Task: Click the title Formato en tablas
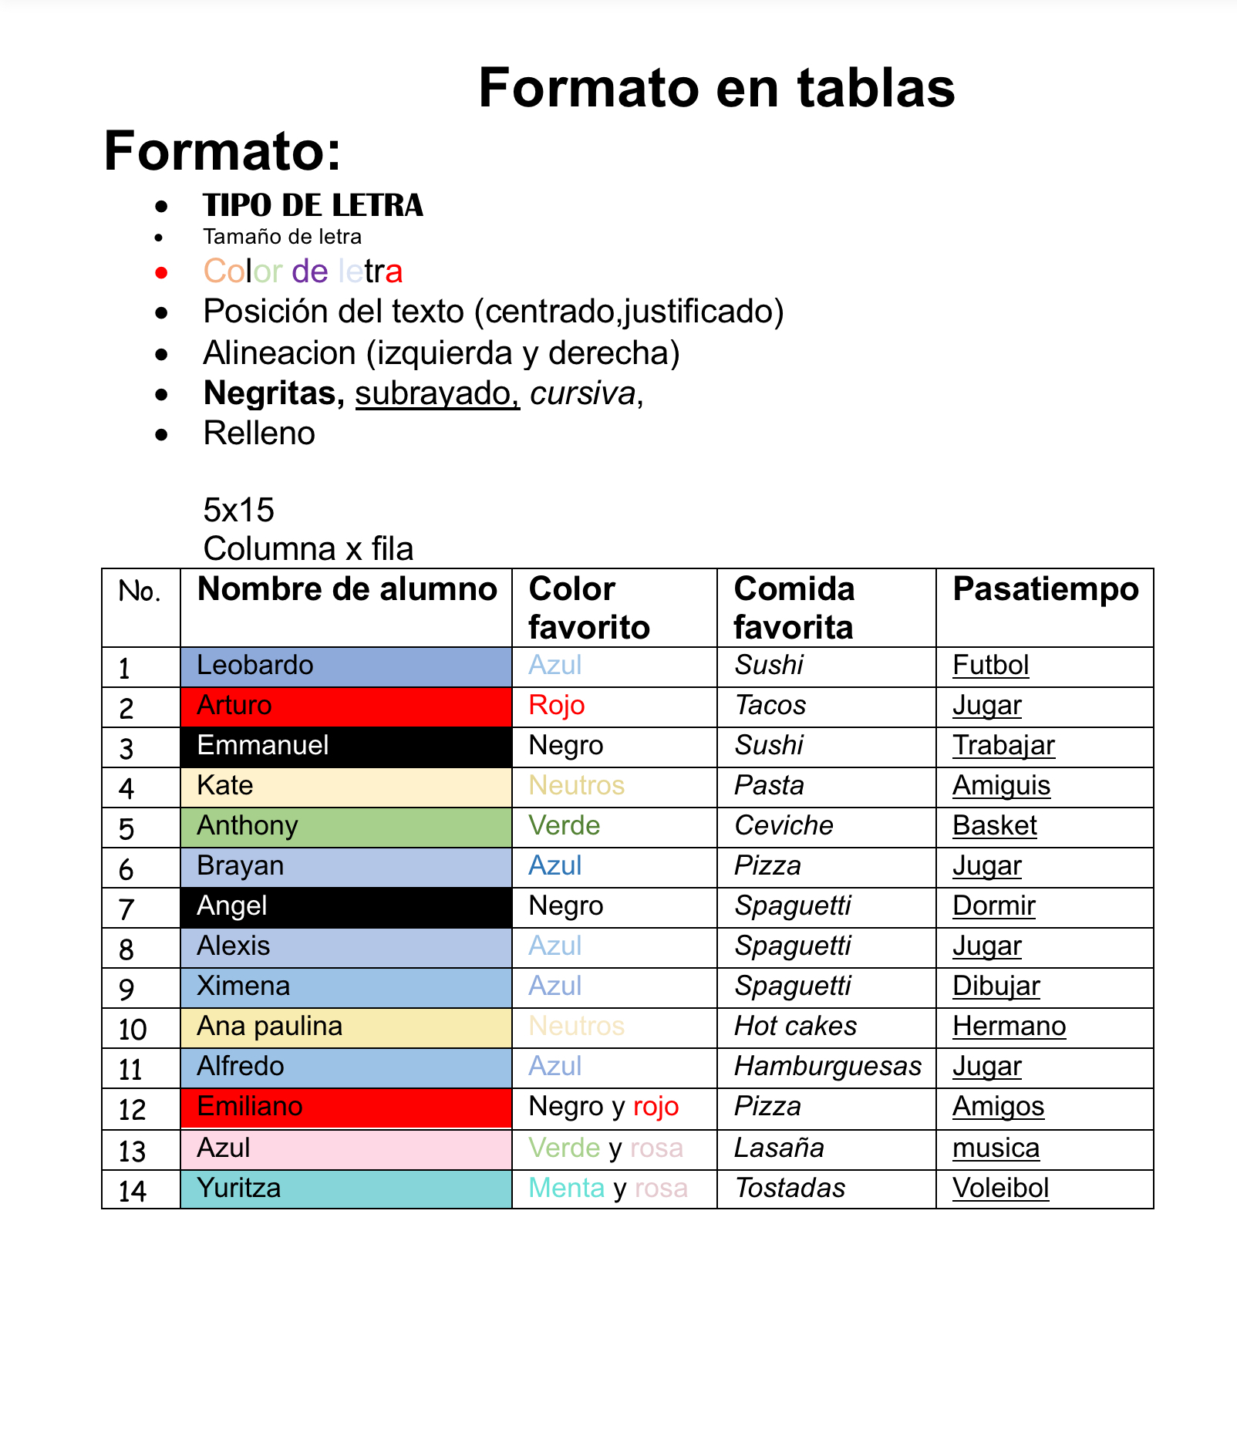coord(716,88)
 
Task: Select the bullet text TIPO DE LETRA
coord(312,206)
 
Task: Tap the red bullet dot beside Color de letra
coord(161,272)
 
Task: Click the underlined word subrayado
coord(436,393)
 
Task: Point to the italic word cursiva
coord(583,393)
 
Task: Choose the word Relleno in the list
coord(259,433)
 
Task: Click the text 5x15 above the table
coord(238,510)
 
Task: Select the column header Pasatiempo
coord(1045,589)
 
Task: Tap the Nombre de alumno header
coord(347,589)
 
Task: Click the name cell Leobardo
coord(255,665)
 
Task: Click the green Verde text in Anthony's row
coord(564,825)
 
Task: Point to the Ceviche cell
coord(784,825)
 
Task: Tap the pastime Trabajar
coord(1003,745)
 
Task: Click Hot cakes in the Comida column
coord(795,1026)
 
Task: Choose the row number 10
coord(133,1029)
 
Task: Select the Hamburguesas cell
coord(827,1066)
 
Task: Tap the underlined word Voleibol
coord(1000,1188)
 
